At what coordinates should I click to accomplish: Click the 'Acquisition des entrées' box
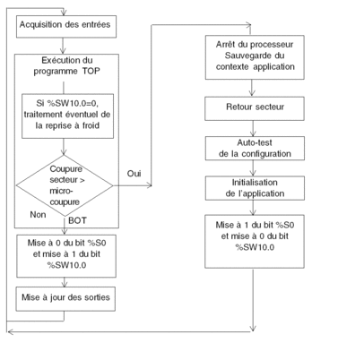[66, 27]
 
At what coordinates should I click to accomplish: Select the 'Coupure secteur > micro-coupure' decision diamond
[65, 185]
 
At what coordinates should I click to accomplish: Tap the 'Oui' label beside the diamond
[134, 174]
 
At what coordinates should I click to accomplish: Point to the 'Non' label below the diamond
[38, 215]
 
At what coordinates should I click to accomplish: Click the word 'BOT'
[77, 220]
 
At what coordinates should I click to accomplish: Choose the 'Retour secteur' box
[255, 108]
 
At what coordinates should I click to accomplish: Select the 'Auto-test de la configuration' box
[255, 149]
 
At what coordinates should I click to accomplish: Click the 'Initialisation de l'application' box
[255, 188]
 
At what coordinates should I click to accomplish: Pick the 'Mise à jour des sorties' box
[65, 299]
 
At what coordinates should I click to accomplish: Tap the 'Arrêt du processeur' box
[255, 57]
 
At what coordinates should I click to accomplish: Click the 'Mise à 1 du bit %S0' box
[255, 241]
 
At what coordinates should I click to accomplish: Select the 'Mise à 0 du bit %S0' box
[66, 256]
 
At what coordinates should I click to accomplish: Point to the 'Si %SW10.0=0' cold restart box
[67, 116]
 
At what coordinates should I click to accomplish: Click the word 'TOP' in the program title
[91, 72]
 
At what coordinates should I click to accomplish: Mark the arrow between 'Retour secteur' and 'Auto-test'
[253, 128]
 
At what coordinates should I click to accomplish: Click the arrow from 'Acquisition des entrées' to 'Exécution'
[63, 46]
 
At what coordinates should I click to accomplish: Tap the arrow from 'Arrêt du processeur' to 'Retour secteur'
[252, 88]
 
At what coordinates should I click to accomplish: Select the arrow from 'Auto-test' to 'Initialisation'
[253, 168]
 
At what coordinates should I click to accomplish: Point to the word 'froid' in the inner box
[91, 125]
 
